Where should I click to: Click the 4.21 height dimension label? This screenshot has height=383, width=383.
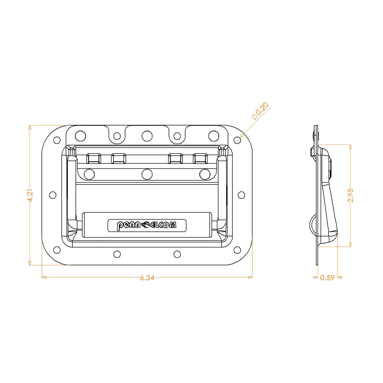[30, 195]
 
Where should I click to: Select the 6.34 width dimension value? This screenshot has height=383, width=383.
[147, 278]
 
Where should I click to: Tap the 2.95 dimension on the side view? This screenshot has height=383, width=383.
[350, 195]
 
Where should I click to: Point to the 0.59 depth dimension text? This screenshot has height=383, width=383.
[327, 278]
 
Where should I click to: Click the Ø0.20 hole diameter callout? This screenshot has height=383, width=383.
[260, 111]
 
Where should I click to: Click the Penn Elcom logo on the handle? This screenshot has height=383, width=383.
[147, 225]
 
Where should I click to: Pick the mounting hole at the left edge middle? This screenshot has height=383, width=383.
[53, 195]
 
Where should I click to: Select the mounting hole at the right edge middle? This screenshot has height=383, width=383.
[241, 195]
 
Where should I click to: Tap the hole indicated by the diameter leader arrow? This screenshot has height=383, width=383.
[237, 140]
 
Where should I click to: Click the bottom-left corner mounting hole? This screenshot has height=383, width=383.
[57, 250]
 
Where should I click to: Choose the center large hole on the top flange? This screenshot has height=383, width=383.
[147, 136]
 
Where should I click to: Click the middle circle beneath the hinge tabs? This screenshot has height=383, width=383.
[147, 174]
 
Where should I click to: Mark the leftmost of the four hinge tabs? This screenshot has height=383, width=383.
[94, 159]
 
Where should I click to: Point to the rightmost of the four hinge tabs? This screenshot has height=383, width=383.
[200, 159]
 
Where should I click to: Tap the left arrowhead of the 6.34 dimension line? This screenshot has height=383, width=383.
[44, 277]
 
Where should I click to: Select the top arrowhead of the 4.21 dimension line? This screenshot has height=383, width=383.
[30, 127]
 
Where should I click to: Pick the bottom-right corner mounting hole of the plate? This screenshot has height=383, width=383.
[237, 250]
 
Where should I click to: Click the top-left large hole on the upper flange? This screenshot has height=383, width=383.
[80, 136]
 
